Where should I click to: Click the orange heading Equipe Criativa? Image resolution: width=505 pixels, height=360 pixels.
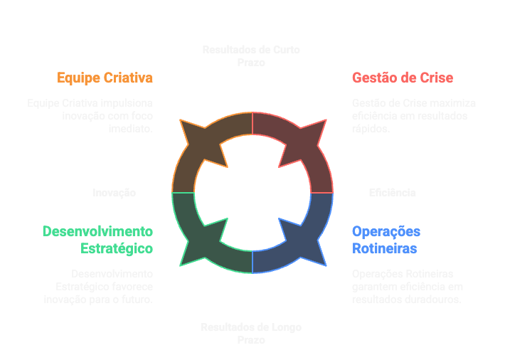[105, 78]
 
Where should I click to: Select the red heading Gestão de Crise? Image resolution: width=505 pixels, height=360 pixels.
[402, 78]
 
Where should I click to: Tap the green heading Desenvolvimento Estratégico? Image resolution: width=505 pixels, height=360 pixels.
[97, 240]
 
